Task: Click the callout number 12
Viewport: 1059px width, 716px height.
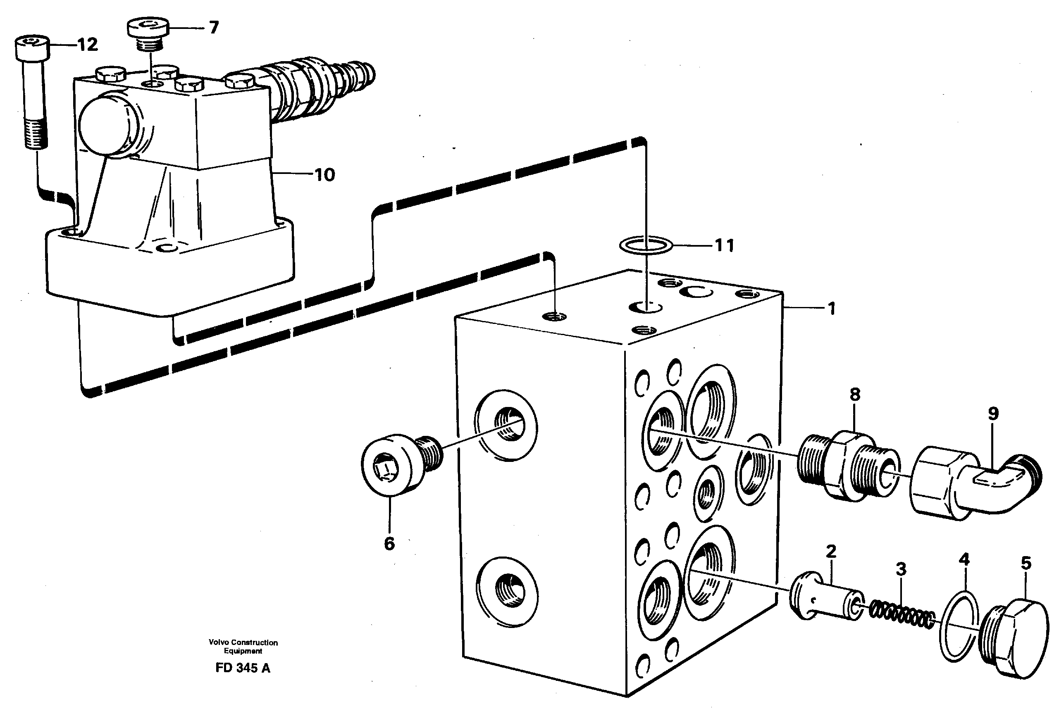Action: coord(87,45)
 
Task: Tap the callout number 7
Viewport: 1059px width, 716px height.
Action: coord(214,27)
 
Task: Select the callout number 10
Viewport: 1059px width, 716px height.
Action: coord(324,174)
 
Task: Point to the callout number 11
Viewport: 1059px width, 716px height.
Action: coord(724,245)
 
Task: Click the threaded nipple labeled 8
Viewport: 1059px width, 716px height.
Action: coord(847,466)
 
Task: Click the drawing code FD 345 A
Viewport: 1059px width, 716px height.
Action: coord(243,668)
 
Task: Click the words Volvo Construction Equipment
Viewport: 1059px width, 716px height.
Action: coord(243,646)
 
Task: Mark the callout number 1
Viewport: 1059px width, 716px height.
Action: coord(832,309)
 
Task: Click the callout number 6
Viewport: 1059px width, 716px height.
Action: coord(389,543)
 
